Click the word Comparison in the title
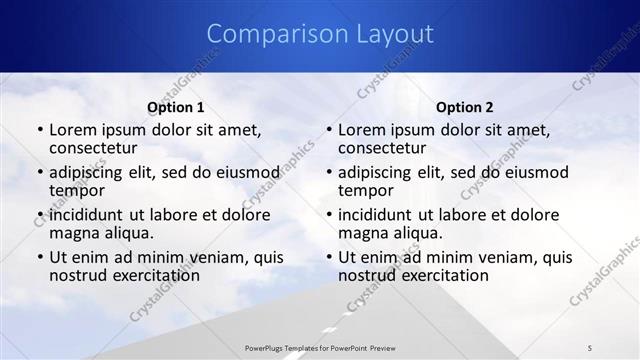266,34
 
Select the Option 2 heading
465,107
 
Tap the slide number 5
590,347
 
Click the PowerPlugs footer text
319,347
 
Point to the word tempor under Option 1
77,191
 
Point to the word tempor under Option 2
367,191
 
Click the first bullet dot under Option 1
39,130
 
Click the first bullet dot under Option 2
329,130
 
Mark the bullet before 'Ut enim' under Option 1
39,257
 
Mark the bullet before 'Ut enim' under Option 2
329,257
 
